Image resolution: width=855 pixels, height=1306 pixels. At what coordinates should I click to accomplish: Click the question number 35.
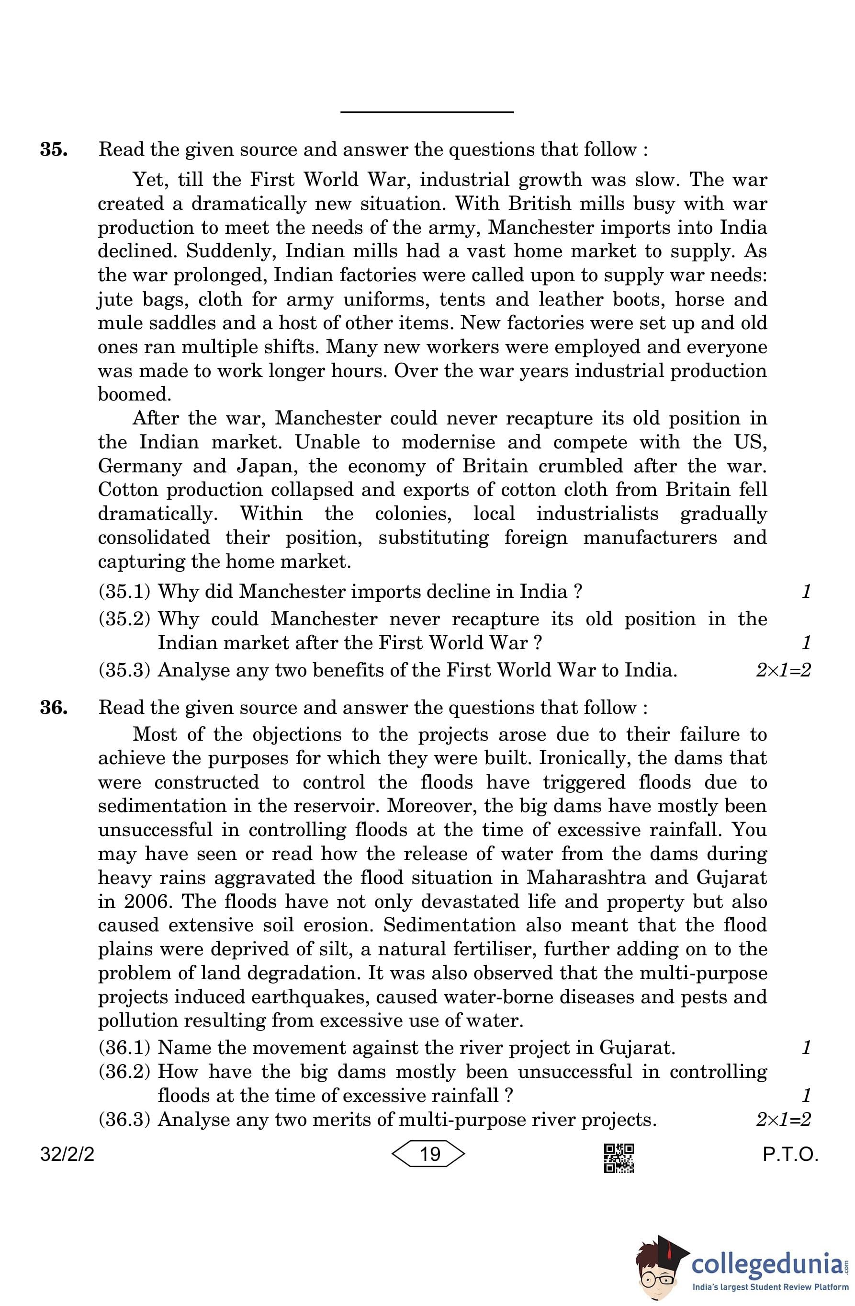pos(54,149)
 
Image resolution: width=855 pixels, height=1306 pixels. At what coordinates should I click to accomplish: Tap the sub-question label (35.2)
pos(124,619)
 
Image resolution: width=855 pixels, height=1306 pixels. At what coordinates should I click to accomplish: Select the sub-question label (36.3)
pos(124,1120)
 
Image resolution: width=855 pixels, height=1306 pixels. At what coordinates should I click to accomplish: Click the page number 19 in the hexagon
pos(429,1154)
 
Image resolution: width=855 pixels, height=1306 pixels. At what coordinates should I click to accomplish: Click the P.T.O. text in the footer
pos(790,1155)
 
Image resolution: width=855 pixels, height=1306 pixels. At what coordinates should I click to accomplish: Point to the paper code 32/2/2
pos(67,1155)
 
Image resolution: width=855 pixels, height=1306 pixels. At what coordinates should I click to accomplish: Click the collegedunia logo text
pos(767,1264)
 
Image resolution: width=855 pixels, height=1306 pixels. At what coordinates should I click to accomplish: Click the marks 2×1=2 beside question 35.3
pos(783,671)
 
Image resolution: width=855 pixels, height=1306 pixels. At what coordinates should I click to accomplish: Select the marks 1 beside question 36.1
pos(806,1048)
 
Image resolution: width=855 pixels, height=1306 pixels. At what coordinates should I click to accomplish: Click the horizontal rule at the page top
pos(427,112)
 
